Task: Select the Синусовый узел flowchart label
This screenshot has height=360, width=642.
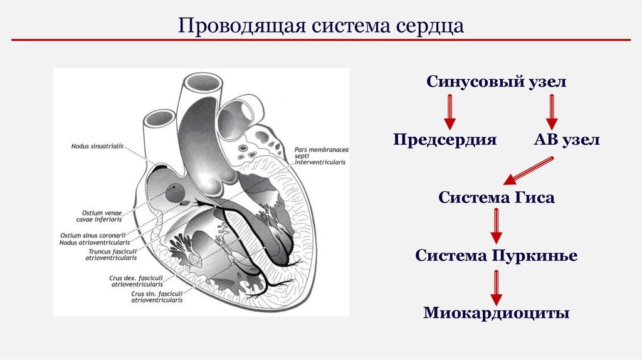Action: (x=497, y=82)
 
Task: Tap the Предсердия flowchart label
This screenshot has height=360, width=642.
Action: (x=445, y=139)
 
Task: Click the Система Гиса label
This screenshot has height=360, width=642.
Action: (x=496, y=198)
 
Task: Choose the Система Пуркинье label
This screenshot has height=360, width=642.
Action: (x=496, y=255)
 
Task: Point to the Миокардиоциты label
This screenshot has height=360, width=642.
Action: (x=496, y=312)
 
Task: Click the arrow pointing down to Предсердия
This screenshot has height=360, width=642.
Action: (x=450, y=111)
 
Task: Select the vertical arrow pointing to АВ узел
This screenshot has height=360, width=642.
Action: (x=552, y=111)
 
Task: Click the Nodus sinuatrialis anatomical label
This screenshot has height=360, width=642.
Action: (x=98, y=147)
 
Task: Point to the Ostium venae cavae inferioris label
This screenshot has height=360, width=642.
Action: (x=101, y=216)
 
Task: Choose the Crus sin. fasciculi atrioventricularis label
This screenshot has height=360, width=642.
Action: (x=156, y=297)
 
